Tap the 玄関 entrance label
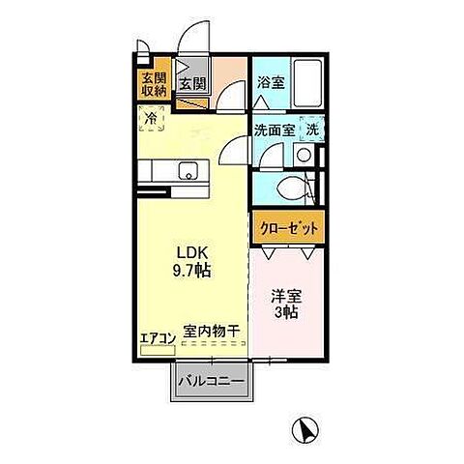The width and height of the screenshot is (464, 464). pyautogui.click(x=192, y=84)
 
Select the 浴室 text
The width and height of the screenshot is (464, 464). pyautogui.click(x=270, y=85)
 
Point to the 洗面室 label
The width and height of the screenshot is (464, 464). pyautogui.click(x=274, y=130)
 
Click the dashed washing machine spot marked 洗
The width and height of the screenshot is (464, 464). pyautogui.click(x=311, y=130)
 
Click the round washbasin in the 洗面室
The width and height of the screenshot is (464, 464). pyautogui.click(x=304, y=155)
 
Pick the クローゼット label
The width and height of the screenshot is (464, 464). pyautogui.click(x=287, y=229)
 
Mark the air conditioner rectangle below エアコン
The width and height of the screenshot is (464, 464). pyautogui.click(x=152, y=348)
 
